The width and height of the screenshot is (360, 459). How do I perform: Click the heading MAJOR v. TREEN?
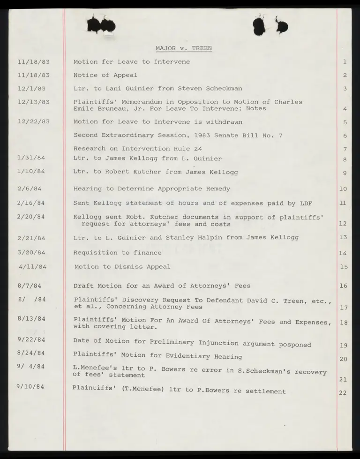click(183, 48)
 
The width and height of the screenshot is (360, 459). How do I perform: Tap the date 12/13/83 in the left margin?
click(32, 102)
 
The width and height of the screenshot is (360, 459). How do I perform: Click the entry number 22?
click(343, 392)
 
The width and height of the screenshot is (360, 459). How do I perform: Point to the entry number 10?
click(343, 189)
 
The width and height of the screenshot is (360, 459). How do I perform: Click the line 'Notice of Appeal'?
click(105, 75)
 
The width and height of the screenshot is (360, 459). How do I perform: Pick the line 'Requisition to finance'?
click(117, 253)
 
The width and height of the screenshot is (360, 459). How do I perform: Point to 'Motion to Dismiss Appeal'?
click(122, 267)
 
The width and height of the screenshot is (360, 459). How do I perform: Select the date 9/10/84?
click(30, 388)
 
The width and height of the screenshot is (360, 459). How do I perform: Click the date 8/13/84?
click(31, 318)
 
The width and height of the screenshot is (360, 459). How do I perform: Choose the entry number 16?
click(343, 286)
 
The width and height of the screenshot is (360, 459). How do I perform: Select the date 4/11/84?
click(32, 267)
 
